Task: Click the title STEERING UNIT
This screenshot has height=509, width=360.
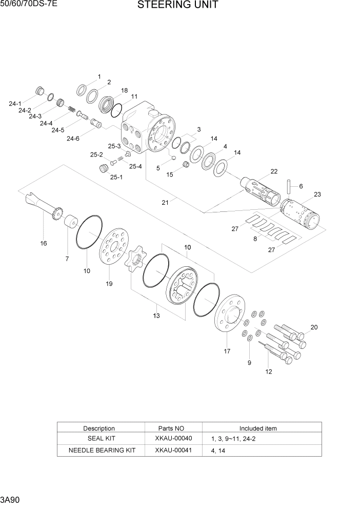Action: [x=177, y=6]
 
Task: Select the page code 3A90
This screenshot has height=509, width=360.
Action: [x=11, y=499]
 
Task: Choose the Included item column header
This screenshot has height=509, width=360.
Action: [x=258, y=428]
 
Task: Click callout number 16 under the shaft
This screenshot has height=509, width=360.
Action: [x=44, y=243]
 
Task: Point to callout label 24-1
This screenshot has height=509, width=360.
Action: [x=15, y=104]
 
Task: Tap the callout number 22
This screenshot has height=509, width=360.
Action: [x=274, y=171]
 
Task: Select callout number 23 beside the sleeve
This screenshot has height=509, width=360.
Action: [x=317, y=194]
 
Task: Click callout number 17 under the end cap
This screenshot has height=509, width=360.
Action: [x=227, y=351]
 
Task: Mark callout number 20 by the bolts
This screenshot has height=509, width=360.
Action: [x=314, y=327]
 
